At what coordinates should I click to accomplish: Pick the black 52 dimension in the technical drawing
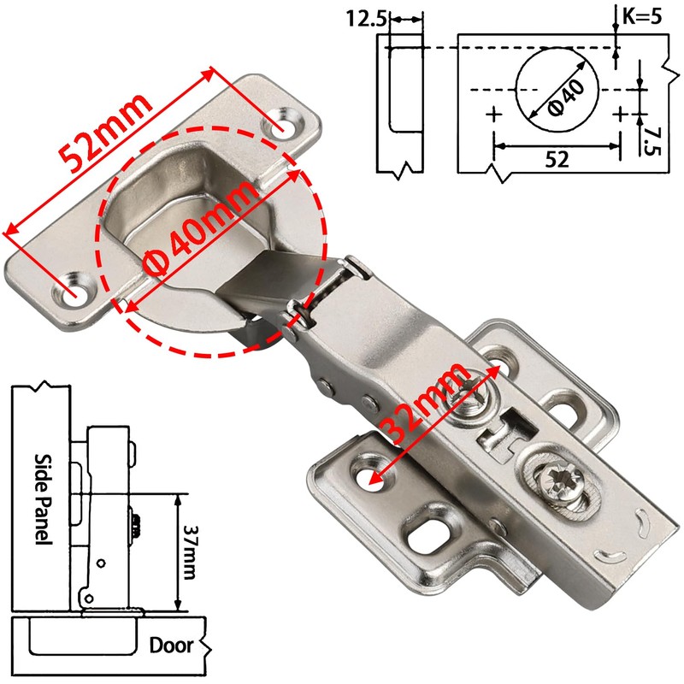tap(557, 159)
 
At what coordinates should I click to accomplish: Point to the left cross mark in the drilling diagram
tap(492, 114)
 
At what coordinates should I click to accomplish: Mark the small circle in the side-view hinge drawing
tap(102, 563)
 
